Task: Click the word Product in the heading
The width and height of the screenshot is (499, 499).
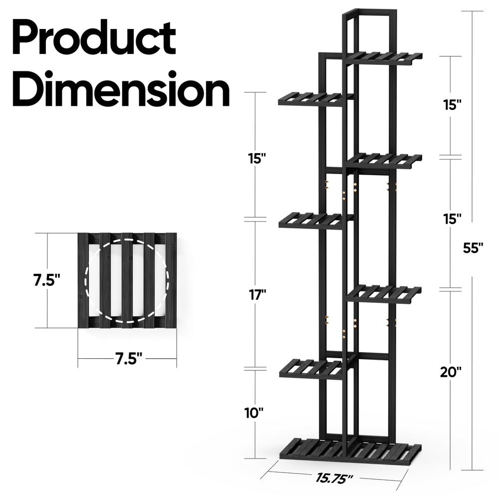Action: click(94, 37)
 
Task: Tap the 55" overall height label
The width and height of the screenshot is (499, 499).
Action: click(473, 248)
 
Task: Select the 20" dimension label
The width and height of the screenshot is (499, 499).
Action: click(451, 372)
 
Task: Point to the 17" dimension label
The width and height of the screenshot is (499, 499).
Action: click(257, 295)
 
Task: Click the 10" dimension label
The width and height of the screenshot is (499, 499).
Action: click(254, 413)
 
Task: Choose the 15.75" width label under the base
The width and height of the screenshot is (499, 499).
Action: click(334, 478)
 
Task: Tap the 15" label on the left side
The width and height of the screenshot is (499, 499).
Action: click(257, 158)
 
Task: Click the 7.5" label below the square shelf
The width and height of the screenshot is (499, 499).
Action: click(129, 359)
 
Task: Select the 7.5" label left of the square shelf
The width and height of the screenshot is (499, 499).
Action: click(47, 280)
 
